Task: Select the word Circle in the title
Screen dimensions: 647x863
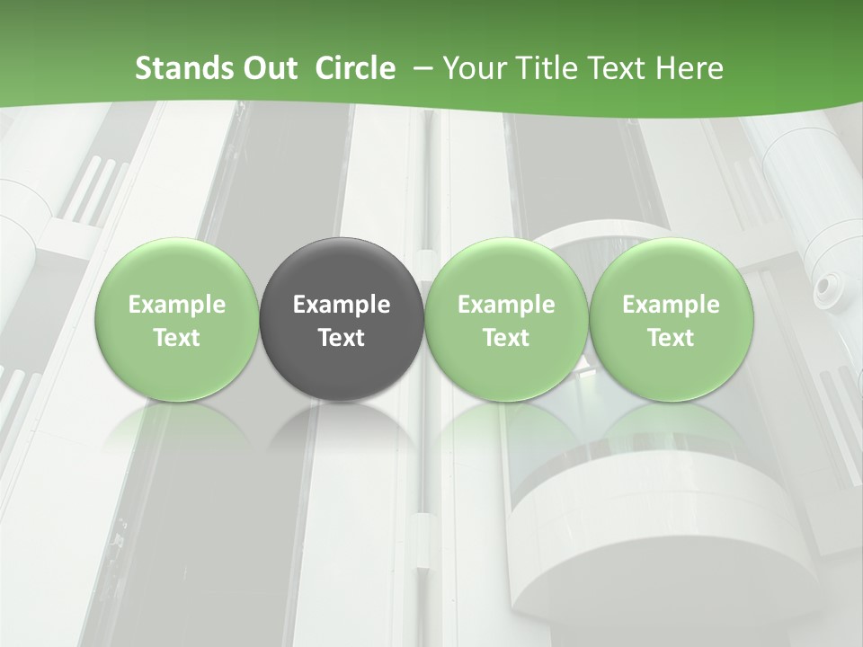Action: (x=355, y=68)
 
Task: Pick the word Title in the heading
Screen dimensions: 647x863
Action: (x=543, y=68)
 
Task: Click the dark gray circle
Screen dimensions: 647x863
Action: (x=342, y=319)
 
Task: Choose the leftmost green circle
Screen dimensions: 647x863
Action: (x=177, y=319)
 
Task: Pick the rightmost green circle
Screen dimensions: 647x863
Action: (x=671, y=319)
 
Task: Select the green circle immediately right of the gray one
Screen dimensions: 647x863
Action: (x=506, y=319)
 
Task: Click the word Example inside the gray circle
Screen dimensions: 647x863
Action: (x=342, y=305)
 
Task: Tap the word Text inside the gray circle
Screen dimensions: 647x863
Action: (x=342, y=338)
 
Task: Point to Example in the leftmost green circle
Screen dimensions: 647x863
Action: (x=177, y=305)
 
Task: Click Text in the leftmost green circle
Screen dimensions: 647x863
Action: (x=177, y=338)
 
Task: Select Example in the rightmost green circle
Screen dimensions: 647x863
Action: (x=671, y=305)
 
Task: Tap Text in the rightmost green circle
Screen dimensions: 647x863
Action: (x=671, y=338)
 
